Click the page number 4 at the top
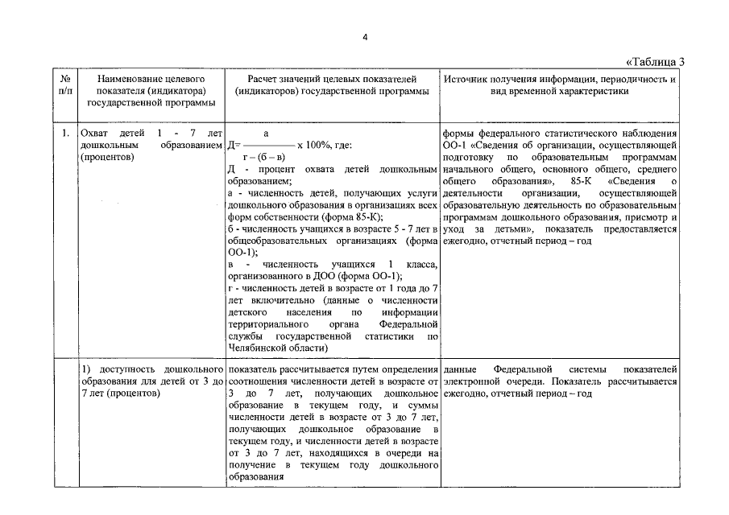pyautogui.click(x=364, y=37)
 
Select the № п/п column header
pyautogui.click(x=64, y=85)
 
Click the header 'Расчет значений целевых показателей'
pyautogui.click(x=332, y=80)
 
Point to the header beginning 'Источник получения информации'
pyautogui.click(x=560, y=80)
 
